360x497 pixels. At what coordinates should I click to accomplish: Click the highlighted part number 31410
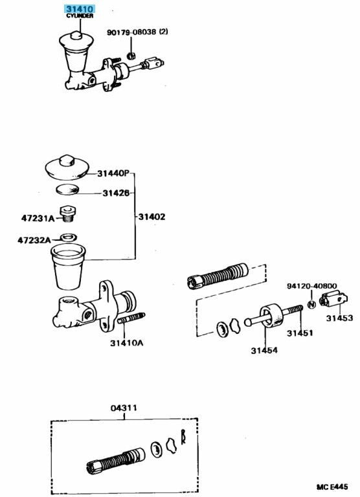[79, 9]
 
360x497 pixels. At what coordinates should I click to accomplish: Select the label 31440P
[113, 173]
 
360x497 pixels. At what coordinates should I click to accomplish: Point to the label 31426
[116, 193]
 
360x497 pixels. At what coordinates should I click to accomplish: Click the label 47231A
[38, 218]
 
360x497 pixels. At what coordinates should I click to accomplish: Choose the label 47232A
[34, 240]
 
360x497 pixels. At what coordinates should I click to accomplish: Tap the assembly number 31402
[152, 217]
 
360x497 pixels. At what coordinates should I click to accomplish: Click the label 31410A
[126, 343]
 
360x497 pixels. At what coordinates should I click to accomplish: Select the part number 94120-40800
[312, 286]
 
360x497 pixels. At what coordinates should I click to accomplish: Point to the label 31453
[339, 318]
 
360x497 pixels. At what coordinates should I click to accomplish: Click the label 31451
[300, 333]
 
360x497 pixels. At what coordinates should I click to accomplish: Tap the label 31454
[264, 350]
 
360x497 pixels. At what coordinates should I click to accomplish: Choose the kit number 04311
[124, 408]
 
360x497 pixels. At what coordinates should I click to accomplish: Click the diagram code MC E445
[332, 486]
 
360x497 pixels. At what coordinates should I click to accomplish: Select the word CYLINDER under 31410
[80, 16]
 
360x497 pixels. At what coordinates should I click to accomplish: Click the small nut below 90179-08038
[130, 56]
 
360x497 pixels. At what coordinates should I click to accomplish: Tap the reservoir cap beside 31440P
[67, 167]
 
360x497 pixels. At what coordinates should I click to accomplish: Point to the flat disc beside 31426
[67, 190]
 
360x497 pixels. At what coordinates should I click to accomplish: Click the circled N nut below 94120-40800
[311, 305]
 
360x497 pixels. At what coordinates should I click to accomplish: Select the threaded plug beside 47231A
[67, 214]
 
